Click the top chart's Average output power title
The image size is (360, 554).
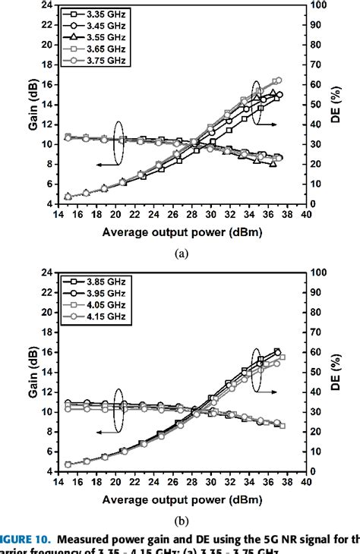[x=182, y=232]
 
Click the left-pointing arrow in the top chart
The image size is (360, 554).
[x=103, y=163]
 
